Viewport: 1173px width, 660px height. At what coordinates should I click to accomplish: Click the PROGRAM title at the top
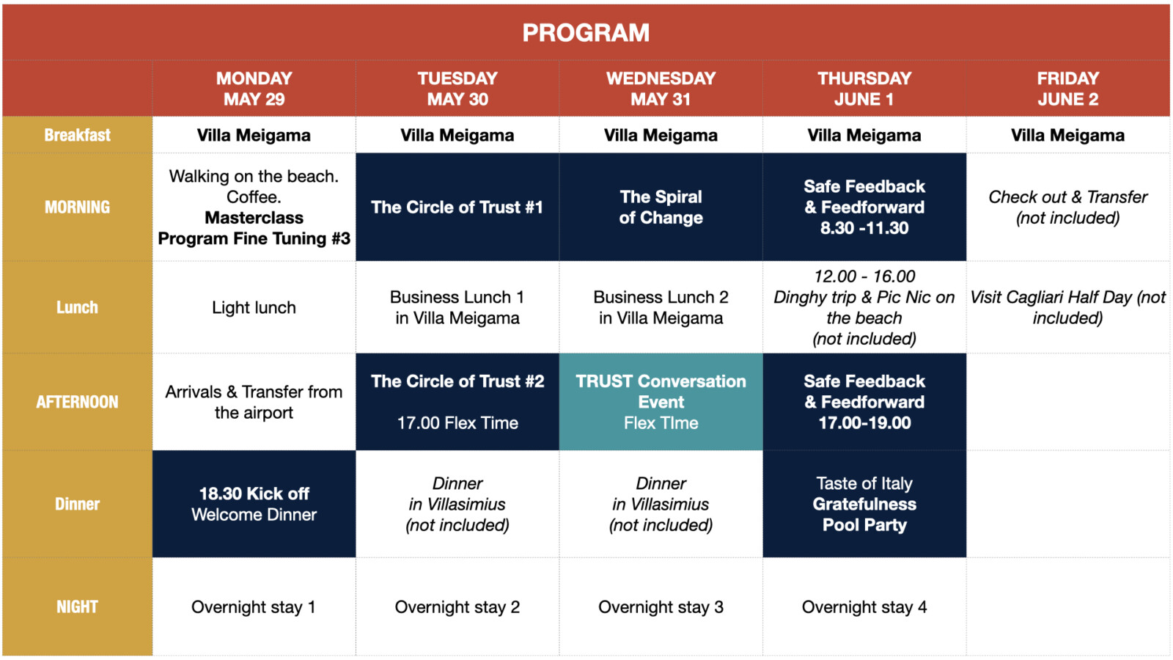(x=586, y=32)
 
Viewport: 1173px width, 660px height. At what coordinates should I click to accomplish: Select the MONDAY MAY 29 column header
(x=254, y=89)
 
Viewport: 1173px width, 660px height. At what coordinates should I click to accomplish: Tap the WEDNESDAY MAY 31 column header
(x=661, y=89)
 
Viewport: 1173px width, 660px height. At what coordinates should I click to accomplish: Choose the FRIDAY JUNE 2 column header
(x=1067, y=89)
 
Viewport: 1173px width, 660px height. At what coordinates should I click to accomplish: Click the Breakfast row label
(x=78, y=135)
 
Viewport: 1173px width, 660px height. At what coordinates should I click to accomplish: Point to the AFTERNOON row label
(x=78, y=402)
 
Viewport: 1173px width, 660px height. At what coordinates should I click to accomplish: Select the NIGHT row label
(x=78, y=606)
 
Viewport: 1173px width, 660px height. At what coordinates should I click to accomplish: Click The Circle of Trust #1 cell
(x=457, y=207)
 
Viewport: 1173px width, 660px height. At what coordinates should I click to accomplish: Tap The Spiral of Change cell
(x=661, y=207)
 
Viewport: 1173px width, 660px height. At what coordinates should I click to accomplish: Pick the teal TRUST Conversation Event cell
(x=661, y=402)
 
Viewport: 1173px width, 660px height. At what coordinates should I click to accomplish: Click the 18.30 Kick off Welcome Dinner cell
(x=254, y=504)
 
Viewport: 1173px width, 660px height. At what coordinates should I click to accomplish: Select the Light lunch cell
(x=254, y=307)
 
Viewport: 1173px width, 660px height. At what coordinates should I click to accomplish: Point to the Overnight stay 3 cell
(x=661, y=606)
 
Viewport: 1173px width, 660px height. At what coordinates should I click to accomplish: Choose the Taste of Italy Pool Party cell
(x=864, y=504)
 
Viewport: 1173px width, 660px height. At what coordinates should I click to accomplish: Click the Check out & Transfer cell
(x=1067, y=207)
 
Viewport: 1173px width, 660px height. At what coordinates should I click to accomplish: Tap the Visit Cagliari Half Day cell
(x=1067, y=307)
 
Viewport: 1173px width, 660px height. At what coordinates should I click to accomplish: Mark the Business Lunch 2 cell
(x=661, y=307)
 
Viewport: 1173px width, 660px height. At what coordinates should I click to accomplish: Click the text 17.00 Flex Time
(x=457, y=422)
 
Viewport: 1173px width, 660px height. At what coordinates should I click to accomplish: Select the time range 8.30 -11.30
(x=864, y=228)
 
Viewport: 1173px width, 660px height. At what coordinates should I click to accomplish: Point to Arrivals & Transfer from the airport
(x=254, y=402)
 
